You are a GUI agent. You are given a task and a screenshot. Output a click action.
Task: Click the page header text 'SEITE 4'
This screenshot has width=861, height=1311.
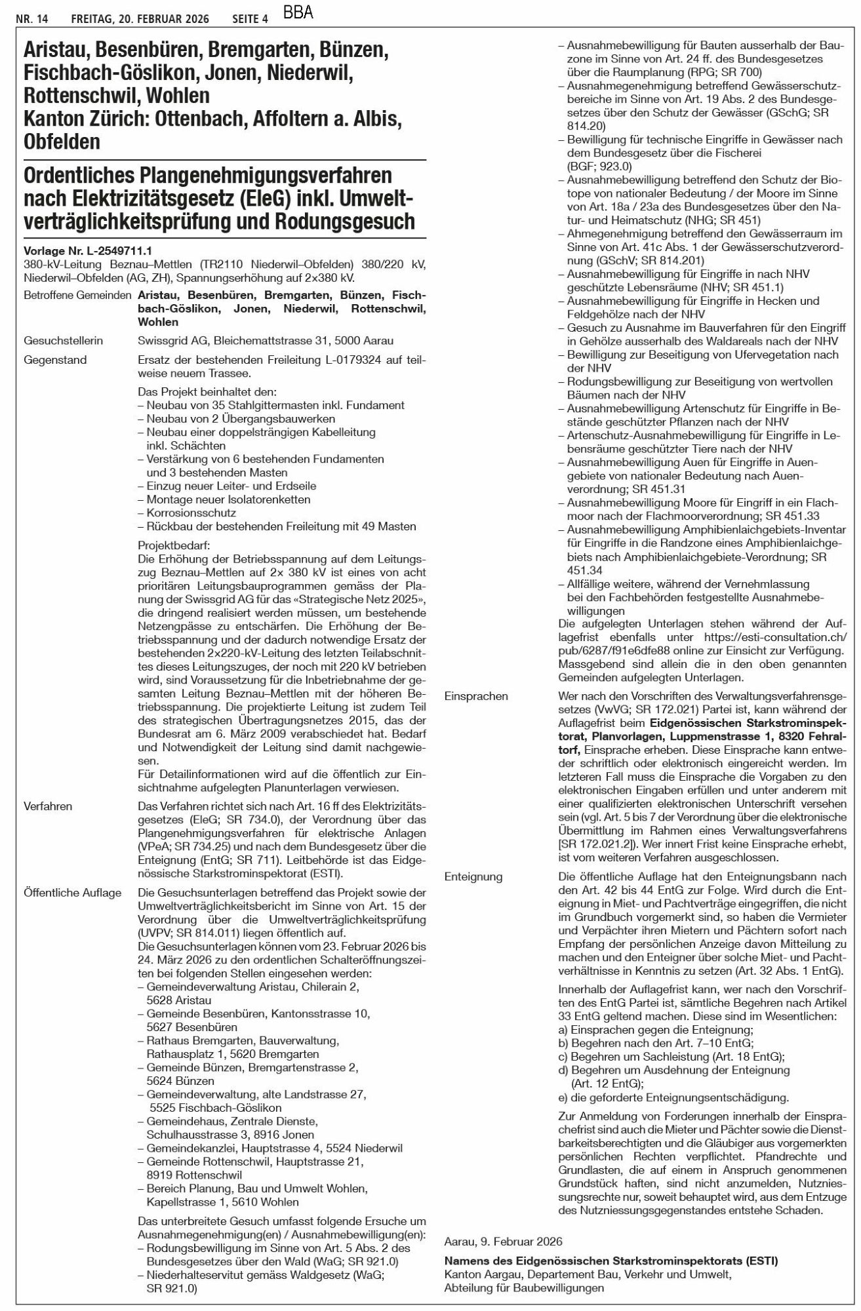[250, 19]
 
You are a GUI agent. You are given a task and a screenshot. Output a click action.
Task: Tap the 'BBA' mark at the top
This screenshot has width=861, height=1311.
[298, 12]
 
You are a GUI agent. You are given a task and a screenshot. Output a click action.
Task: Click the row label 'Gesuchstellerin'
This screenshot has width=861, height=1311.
[63, 341]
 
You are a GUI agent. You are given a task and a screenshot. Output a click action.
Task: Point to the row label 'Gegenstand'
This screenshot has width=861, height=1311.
[55, 360]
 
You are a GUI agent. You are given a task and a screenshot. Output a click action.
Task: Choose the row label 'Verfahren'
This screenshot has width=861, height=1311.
[48, 806]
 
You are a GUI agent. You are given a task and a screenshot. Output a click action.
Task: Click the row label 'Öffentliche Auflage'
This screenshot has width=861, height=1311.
[72, 892]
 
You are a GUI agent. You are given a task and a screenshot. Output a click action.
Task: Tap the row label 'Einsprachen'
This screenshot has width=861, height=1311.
[476, 696]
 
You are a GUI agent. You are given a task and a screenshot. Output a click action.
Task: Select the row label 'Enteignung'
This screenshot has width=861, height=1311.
[473, 876]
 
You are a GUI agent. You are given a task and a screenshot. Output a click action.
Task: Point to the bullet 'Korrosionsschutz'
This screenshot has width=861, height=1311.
[191, 513]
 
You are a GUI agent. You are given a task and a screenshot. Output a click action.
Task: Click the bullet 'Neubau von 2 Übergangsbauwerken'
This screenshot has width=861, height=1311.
[241, 419]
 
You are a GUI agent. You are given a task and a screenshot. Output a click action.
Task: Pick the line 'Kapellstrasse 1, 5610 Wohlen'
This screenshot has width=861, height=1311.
[222, 1202]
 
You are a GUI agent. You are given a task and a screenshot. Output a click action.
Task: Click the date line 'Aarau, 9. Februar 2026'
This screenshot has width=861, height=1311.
[503, 1242]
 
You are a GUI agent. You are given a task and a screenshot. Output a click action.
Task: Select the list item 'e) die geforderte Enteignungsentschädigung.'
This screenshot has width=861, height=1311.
[673, 1097]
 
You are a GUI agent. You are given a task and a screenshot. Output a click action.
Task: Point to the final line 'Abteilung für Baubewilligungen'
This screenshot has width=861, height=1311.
[524, 1288]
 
